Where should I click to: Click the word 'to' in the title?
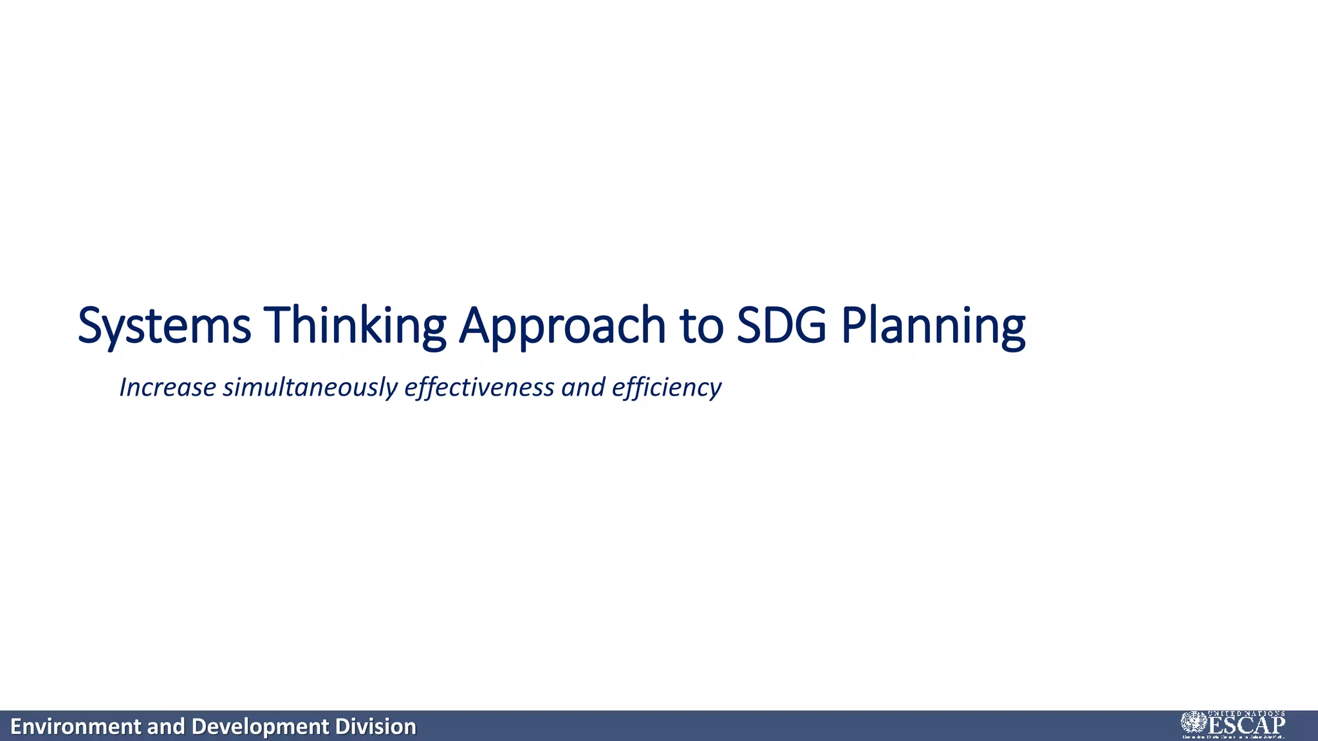[701, 325]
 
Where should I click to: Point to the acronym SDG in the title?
[781, 325]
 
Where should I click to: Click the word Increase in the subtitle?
[167, 387]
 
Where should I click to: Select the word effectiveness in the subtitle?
[479, 387]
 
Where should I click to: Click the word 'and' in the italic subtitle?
[583, 387]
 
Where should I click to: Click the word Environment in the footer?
[76, 727]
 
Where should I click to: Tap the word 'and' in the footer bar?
[166, 727]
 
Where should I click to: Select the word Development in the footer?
[260, 727]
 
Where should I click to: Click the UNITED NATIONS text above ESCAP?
[1246, 713]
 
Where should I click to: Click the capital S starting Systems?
[90, 325]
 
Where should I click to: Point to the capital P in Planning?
[852, 325]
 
